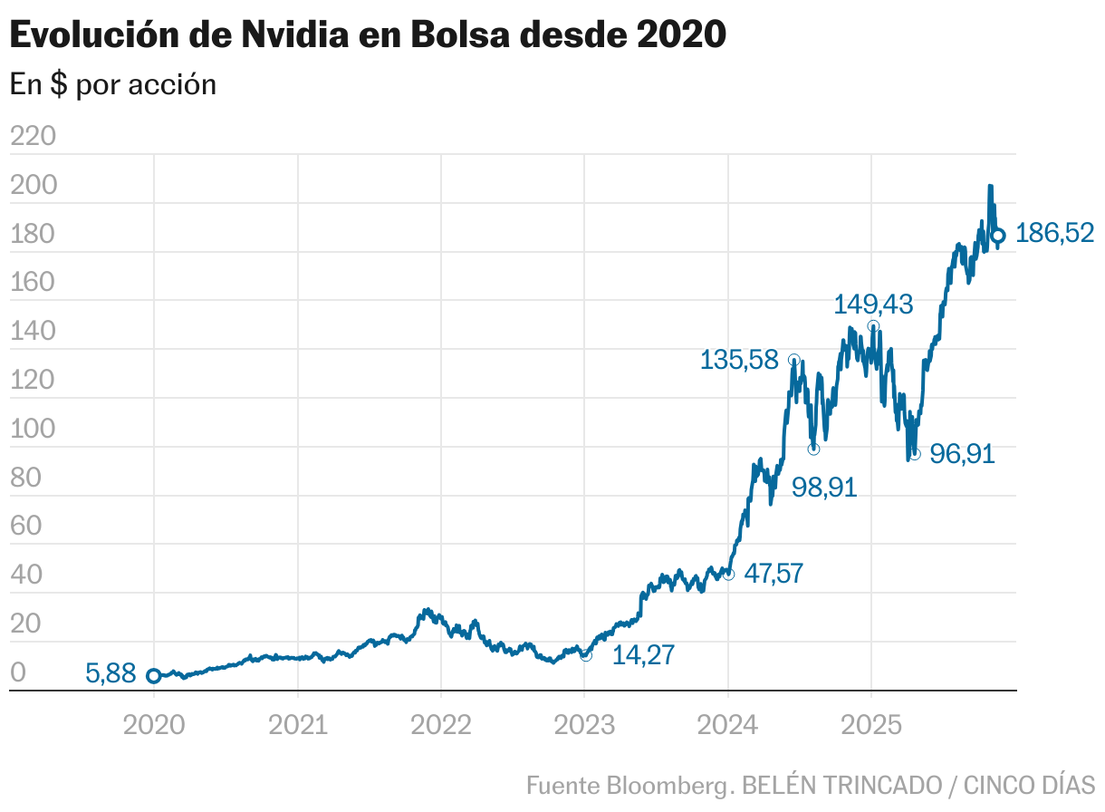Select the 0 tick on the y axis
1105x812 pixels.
click(18, 672)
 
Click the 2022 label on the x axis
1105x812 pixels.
click(440, 726)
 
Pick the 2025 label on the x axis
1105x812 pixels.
click(871, 726)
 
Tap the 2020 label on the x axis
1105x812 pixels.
click(154, 726)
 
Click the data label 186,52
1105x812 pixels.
click(1054, 234)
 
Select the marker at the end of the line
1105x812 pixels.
click(998, 236)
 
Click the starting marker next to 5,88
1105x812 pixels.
click(154, 676)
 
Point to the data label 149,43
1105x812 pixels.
click(872, 304)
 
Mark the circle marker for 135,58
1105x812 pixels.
click(794, 360)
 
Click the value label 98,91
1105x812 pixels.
click(823, 488)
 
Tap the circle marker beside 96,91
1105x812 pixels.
click(915, 454)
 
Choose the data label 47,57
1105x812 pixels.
click(773, 573)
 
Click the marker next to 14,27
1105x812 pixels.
click(586, 655)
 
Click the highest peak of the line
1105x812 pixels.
click(990, 187)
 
